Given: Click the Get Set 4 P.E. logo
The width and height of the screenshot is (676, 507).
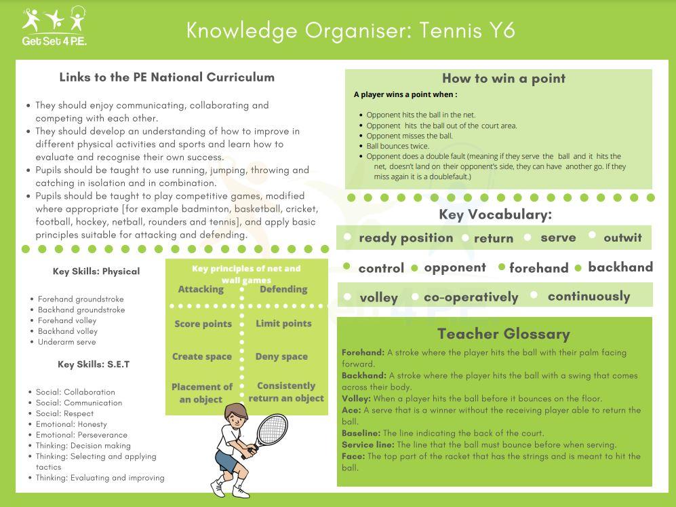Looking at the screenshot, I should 54,26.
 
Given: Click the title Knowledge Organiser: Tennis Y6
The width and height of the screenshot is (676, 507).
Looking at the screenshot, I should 351,31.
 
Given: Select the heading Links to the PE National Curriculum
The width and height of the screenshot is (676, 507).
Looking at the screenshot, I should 167,77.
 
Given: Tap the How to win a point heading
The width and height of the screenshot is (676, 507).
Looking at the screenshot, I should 503,79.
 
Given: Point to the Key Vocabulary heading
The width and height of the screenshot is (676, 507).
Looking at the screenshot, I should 495,214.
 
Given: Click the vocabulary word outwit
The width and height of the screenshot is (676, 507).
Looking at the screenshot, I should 622,238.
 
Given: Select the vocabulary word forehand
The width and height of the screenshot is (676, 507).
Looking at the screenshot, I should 538,267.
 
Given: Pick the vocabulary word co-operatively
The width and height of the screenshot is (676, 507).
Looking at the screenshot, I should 471,297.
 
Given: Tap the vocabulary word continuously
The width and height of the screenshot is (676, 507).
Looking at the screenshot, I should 589,297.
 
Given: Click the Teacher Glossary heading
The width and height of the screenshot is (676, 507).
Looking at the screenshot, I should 503,334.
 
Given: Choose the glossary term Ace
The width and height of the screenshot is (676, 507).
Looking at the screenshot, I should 351,410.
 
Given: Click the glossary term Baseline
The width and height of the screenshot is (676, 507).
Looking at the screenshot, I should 361,433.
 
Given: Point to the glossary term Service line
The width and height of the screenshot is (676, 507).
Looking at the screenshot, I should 367,445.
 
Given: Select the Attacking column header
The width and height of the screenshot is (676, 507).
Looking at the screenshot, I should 201,289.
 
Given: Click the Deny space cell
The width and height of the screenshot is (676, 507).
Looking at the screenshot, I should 281,356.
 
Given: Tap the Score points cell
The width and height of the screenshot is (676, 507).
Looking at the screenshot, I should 203,324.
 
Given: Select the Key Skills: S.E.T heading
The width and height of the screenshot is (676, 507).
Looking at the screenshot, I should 94,364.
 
